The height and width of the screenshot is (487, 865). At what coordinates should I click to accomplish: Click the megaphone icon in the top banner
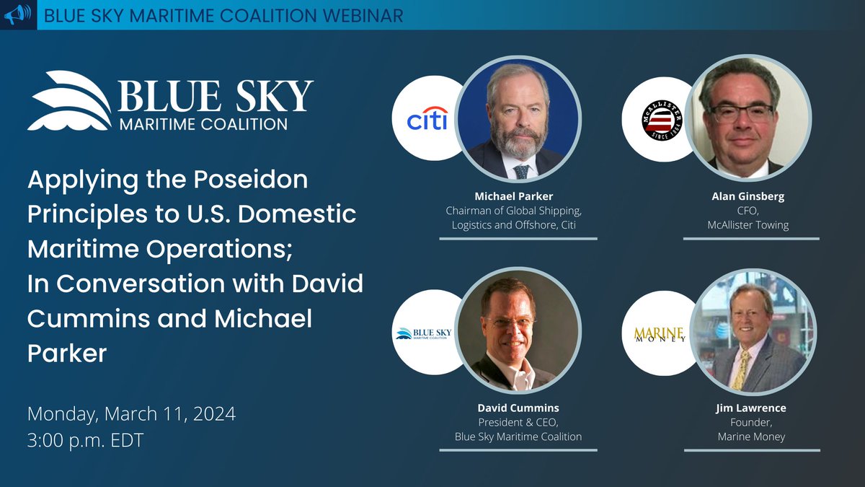pyautogui.click(x=18, y=15)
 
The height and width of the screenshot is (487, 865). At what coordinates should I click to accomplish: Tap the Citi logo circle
pyautogui.click(x=427, y=118)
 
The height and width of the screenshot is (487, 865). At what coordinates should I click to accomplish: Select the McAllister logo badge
pyautogui.click(x=657, y=118)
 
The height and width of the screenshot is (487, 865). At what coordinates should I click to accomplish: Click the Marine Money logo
pyautogui.click(x=657, y=334)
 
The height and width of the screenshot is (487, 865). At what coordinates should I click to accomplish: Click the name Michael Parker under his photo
pyautogui.click(x=518, y=196)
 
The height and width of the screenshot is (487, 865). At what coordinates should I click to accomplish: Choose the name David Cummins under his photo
pyautogui.click(x=518, y=408)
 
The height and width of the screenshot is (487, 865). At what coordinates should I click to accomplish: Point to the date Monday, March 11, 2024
pyautogui.click(x=132, y=415)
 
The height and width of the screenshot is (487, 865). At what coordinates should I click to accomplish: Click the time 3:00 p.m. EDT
pyautogui.click(x=86, y=440)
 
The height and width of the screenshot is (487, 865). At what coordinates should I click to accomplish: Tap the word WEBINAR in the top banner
pyautogui.click(x=356, y=15)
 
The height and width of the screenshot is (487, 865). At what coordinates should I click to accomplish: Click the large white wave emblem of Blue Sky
pyautogui.click(x=69, y=101)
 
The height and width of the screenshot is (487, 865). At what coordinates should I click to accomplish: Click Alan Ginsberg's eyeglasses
pyautogui.click(x=740, y=113)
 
